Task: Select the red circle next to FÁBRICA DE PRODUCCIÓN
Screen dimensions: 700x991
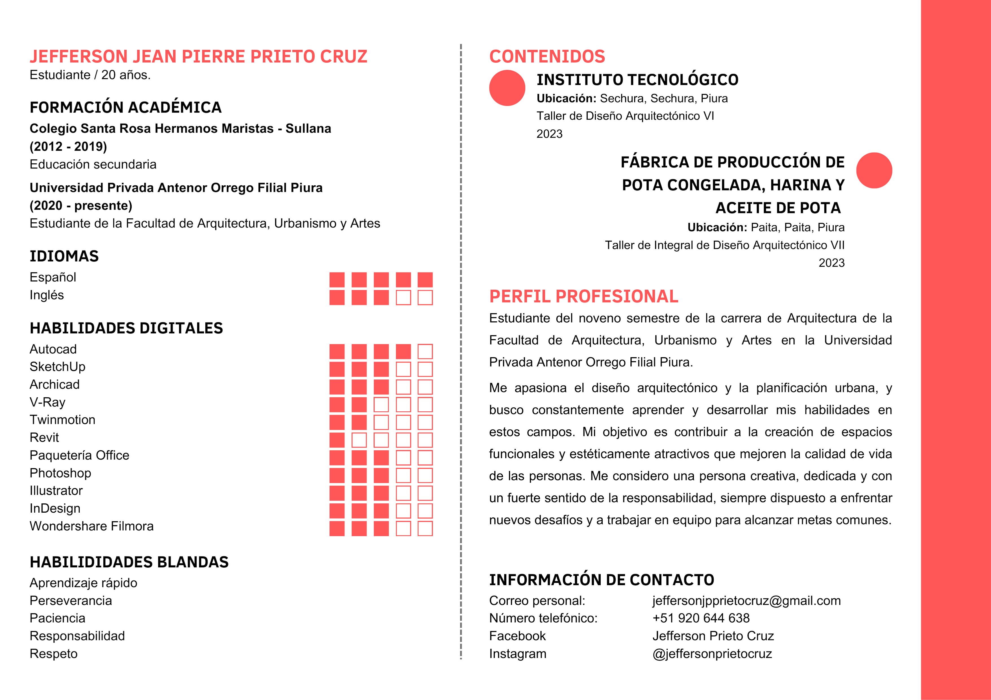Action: pyautogui.click(x=874, y=170)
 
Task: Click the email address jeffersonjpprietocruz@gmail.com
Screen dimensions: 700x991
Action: pyautogui.click(x=746, y=600)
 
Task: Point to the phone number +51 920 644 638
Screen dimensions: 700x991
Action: pyautogui.click(x=701, y=618)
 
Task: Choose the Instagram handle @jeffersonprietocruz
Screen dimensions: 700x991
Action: pyautogui.click(x=712, y=653)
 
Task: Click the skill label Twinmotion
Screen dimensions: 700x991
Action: pyautogui.click(x=63, y=420)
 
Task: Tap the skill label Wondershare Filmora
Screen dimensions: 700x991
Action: pyautogui.click(x=92, y=526)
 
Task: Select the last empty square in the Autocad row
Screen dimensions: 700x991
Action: pyautogui.click(x=425, y=352)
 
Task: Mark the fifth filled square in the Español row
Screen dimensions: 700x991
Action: pyautogui.click(x=425, y=280)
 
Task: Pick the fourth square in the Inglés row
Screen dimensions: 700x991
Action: pyautogui.click(x=403, y=298)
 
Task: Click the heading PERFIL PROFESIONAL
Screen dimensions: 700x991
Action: pyautogui.click(x=583, y=296)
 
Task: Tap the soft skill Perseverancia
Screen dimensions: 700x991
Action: pyautogui.click(x=71, y=600)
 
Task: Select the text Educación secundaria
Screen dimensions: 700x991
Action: pyautogui.click(x=93, y=164)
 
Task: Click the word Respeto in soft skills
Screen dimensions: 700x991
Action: pyautogui.click(x=54, y=653)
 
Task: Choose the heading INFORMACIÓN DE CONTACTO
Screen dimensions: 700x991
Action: pyautogui.click(x=601, y=580)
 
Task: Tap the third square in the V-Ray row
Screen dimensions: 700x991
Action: pyautogui.click(x=381, y=405)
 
